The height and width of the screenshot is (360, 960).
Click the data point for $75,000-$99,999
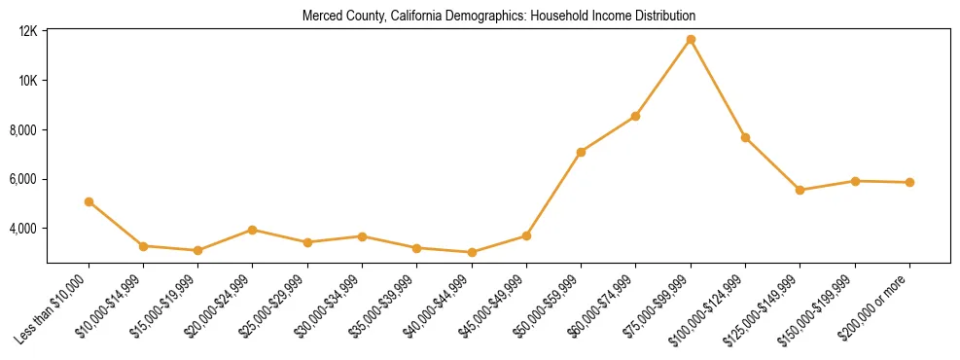click(x=691, y=40)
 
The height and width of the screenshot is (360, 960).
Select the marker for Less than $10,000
click(x=89, y=201)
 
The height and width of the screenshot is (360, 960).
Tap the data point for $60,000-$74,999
click(x=635, y=116)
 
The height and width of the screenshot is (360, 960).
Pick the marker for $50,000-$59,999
click(x=581, y=152)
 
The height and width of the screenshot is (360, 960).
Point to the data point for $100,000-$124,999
click(x=745, y=137)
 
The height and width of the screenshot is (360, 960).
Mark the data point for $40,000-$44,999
click(x=472, y=252)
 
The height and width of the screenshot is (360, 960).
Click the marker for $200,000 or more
click(x=909, y=182)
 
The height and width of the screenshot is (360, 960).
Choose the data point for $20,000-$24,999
click(x=253, y=230)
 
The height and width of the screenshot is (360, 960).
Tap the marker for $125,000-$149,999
click(x=800, y=190)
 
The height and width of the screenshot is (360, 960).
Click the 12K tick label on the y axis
click(x=27, y=31)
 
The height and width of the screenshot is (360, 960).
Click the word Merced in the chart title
click(x=321, y=17)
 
